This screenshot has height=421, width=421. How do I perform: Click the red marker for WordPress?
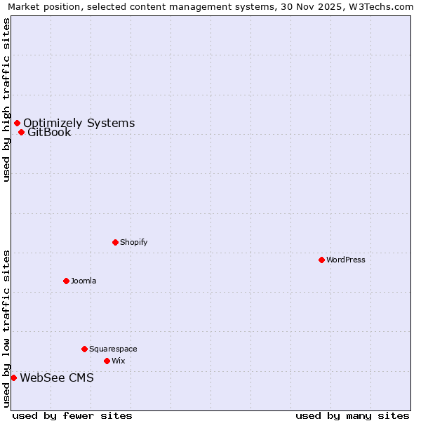tap(321, 260)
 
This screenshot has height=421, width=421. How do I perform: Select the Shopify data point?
tap(115, 242)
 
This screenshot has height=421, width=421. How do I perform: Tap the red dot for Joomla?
tap(66, 281)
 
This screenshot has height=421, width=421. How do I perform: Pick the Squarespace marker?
tap(84, 349)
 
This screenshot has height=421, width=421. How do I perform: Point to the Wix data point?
tap(107, 361)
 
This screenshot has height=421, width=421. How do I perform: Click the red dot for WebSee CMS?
tap(13, 377)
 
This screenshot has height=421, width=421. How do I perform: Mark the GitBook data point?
tap(21, 132)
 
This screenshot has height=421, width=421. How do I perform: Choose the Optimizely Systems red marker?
tap(17, 123)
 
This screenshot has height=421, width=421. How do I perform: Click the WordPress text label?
tap(346, 260)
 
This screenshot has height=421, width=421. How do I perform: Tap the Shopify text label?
tap(134, 242)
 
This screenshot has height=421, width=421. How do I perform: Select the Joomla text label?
tap(83, 281)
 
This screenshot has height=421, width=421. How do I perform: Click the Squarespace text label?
tap(113, 349)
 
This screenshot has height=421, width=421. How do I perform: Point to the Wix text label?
tap(118, 361)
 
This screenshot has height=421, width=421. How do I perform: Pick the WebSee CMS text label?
tap(57, 377)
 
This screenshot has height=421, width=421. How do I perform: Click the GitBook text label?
tap(49, 132)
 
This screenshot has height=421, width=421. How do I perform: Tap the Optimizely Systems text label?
tap(79, 123)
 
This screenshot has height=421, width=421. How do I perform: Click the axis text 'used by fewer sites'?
tap(73, 415)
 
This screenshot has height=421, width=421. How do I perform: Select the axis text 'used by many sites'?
tap(352, 415)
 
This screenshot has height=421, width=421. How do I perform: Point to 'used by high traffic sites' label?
tap(7, 100)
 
